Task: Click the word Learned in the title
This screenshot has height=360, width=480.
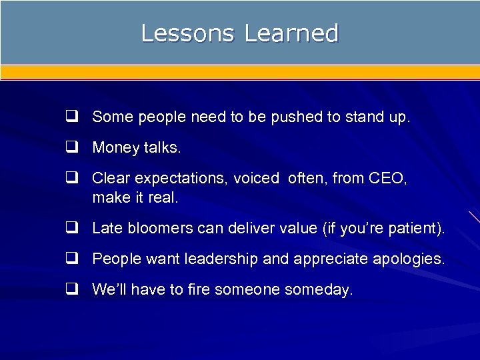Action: (x=291, y=33)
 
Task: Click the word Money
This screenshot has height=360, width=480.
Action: (x=115, y=148)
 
